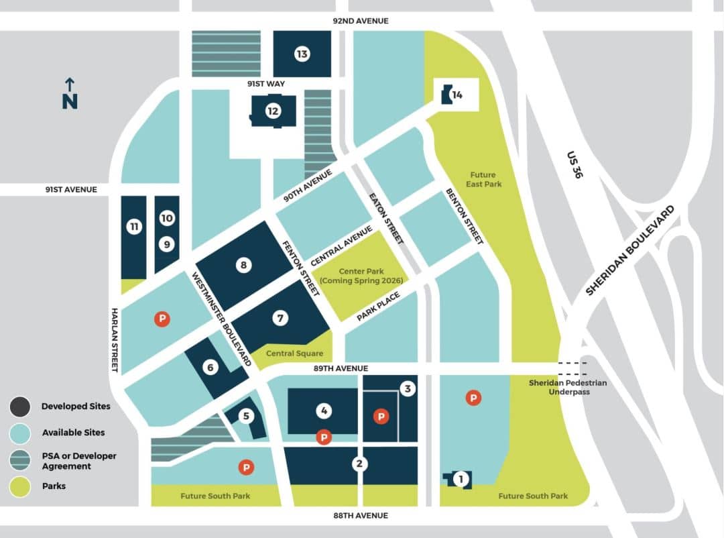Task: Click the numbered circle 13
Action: (x=302, y=54)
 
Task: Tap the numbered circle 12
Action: (x=273, y=111)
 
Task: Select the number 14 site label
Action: (x=457, y=95)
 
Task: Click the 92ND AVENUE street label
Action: (x=361, y=21)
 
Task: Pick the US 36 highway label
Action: (x=575, y=163)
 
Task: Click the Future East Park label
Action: (x=483, y=179)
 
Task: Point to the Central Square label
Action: (x=294, y=354)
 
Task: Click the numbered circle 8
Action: (x=243, y=266)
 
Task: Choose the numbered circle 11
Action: (x=134, y=227)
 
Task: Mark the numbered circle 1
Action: (x=460, y=479)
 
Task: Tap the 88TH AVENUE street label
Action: (x=361, y=515)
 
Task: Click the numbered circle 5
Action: (x=246, y=416)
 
